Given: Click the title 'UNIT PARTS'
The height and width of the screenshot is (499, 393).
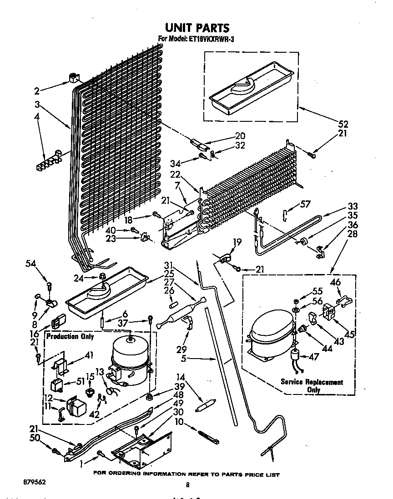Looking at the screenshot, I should point(196,28).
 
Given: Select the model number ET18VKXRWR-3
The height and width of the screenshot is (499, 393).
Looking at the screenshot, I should point(209,40).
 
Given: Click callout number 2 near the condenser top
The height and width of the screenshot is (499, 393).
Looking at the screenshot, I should point(38,90).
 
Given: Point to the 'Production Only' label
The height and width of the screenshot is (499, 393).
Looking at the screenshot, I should point(70,336).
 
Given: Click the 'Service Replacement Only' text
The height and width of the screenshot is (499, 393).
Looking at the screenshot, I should point(312,385).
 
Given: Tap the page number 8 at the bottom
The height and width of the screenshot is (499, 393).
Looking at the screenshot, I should point(187,484).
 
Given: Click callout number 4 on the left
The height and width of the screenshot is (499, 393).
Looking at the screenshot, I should point(37,116).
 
